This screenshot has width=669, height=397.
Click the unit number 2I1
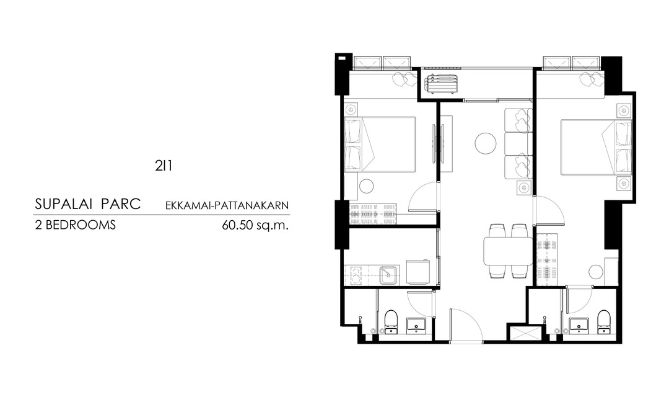tap(164, 166)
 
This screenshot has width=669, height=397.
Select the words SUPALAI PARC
tap(88, 204)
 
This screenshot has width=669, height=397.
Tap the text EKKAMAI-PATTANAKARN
tap(227, 205)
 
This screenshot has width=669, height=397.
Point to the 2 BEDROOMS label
tap(76, 225)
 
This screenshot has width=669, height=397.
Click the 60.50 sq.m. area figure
tap(255, 225)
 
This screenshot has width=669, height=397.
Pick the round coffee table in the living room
tap(486, 143)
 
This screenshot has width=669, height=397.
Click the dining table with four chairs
tap(508, 251)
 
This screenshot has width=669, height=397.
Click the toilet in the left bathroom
tap(391, 321)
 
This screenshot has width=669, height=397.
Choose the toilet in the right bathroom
tap(603, 321)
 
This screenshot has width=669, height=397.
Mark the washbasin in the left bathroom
tap(416, 325)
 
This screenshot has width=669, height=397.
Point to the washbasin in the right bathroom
tap(579, 325)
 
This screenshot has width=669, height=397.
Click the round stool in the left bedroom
tap(366, 186)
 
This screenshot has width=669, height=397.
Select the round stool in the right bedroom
tap(596, 272)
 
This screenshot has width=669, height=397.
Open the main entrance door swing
tap(466, 325)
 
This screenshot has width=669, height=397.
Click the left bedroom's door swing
tap(422, 197)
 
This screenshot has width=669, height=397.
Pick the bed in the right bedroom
tap(596, 147)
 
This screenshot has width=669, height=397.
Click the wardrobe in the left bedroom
tap(374, 214)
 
